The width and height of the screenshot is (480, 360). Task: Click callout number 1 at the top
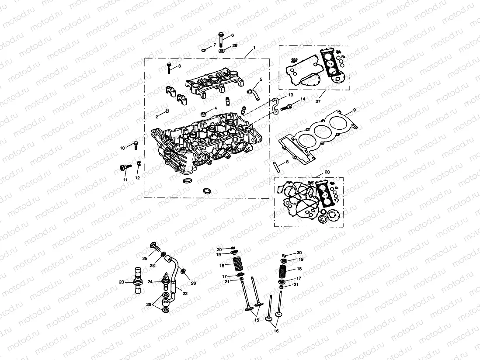pos(254,47)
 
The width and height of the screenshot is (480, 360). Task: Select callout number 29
pos(235,46)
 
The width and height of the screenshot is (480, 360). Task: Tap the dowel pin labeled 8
pos(276,166)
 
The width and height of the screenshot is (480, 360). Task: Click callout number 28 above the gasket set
pos(327,173)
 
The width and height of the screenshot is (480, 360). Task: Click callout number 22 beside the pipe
pos(185,294)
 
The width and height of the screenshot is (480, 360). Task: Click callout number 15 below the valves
pos(257,320)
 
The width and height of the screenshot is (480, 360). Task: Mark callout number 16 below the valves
pos(276,331)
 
